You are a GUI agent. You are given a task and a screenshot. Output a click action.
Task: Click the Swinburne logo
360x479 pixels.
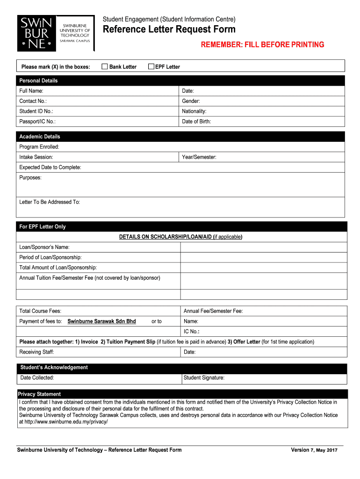[x=56, y=33]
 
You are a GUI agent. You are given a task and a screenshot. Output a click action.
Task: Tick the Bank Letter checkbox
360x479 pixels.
[x=105, y=66]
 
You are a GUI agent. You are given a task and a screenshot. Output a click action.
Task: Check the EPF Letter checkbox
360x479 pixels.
[x=151, y=66]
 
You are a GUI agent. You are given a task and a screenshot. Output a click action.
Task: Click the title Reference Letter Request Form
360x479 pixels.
[x=169, y=30]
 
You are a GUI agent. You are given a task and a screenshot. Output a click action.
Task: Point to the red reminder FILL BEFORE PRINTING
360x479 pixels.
[x=262, y=45]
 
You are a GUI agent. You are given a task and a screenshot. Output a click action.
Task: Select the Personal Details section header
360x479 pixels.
[x=38, y=80]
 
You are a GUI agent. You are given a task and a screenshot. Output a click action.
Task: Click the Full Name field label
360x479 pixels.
[x=31, y=91]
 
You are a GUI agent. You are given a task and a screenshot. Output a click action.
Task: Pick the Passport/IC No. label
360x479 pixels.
[x=37, y=122]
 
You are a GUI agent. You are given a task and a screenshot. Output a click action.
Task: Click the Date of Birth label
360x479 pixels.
[x=196, y=122]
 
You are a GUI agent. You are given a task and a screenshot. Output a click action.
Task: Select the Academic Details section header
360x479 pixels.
[x=40, y=137]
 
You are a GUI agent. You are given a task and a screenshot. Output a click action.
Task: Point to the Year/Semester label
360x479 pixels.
[x=199, y=157]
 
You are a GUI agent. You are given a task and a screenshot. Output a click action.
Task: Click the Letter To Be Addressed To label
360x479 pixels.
[x=50, y=202]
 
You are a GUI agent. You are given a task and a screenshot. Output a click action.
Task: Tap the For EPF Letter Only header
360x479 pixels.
[x=43, y=226]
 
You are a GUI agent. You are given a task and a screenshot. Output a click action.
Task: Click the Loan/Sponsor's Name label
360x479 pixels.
[x=44, y=247]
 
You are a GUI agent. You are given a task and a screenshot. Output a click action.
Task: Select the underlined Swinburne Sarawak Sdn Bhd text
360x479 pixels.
[x=101, y=321]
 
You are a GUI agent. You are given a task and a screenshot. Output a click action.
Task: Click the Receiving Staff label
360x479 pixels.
[x=36, y=352]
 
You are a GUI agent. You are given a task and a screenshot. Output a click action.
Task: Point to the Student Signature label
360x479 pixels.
[x=204, y=377]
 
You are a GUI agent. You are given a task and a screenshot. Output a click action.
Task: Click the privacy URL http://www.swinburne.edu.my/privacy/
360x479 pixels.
[x=63, y=421]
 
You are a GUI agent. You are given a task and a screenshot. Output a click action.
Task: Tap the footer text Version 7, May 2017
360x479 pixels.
[x=314, y=450]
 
